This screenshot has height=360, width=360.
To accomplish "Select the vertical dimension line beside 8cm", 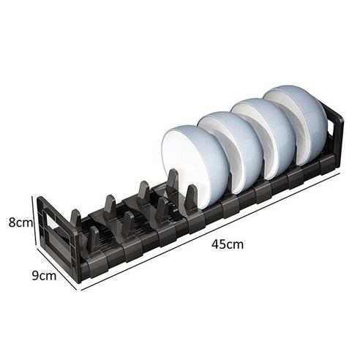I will tap(34, 222).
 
